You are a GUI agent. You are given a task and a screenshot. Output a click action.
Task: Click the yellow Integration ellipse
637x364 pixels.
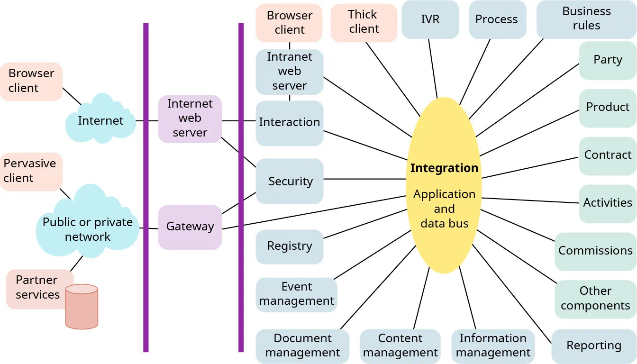click(x=444, y=185)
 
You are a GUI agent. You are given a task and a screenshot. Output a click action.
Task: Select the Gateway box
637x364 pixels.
click(x=190, y=227)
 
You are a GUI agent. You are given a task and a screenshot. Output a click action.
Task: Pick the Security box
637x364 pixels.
click(x=290, y=181)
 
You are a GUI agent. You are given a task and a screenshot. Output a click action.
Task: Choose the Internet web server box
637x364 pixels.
click(x=190, y=118)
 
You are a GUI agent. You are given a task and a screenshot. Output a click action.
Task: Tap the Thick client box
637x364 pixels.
click(x=364, y=22)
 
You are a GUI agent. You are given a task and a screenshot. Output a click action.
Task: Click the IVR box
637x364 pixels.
click(x=430, y=19)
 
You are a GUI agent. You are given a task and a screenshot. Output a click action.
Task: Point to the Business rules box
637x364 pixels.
click(x=586, y=19)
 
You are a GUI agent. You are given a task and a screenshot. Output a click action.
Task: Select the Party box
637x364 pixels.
click(x=607, y=60)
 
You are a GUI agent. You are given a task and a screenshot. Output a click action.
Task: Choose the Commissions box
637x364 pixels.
click(x=595, y=251)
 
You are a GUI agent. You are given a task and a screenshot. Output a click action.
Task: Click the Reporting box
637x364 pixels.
click(x=593, y=346)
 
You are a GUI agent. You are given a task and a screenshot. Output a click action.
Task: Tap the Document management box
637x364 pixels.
click(x=302, y=346)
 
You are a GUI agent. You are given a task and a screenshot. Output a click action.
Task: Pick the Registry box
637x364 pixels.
click(x=290, y=246)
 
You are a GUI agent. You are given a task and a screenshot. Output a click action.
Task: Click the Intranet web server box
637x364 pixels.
click(x=290, y=72)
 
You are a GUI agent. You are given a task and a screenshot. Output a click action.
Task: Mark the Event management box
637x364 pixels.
click(x=296, y=294)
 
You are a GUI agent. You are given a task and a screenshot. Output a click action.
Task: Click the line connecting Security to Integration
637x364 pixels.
click(x=365, y=179)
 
